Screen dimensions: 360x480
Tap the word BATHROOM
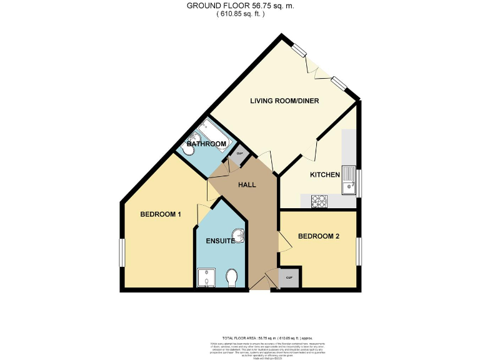coord(206,144)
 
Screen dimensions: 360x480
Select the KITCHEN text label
coord(325,175)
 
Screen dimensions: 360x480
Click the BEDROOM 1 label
coord(161,214)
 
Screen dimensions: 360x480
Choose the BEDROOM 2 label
coord(318,236)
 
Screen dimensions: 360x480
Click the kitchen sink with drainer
coord(347,180)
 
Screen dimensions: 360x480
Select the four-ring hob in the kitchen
coord(319,201)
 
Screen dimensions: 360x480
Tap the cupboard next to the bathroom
coord(239,154)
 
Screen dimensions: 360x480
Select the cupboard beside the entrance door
coord(289,277)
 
